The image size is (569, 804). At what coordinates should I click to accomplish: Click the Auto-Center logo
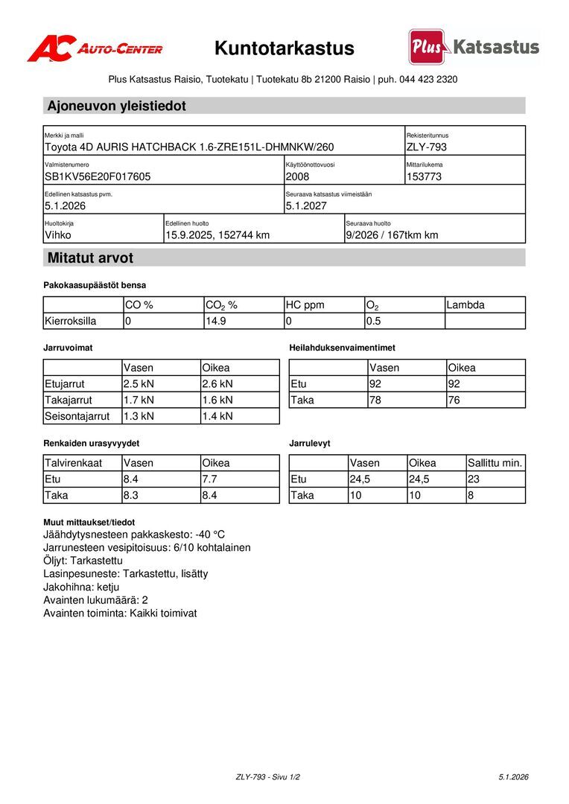coord(95,48)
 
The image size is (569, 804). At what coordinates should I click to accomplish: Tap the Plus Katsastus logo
coord(474,47)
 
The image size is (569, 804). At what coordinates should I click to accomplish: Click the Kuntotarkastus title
coord(284,48)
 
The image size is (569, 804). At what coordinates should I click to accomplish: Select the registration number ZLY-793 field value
coord(427,147)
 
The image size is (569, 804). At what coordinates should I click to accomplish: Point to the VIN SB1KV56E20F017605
coord(98,176)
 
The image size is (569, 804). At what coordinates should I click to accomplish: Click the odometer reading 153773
coord(425,176)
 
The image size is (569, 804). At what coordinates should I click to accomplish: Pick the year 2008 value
coord(297,176)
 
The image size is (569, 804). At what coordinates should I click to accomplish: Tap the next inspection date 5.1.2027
coord(306,205)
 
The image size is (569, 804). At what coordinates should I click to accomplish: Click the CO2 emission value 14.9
coord(216,321)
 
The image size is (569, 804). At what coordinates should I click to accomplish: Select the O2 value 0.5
coord(373,321)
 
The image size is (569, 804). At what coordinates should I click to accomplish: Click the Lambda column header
coord(465,304)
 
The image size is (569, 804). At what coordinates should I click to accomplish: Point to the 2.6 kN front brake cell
coord(217,384)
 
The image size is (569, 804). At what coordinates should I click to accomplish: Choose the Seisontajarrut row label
coord(77,416)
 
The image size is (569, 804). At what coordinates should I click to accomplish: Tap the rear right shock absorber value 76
coord(454,400)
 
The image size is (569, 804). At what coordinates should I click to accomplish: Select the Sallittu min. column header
coord(495,462)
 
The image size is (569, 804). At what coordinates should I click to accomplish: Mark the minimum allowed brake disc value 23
coord(474,479)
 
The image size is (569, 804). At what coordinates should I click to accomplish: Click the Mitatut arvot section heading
coord(90,258)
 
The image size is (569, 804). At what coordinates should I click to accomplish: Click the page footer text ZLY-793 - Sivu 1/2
coord(268,777)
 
